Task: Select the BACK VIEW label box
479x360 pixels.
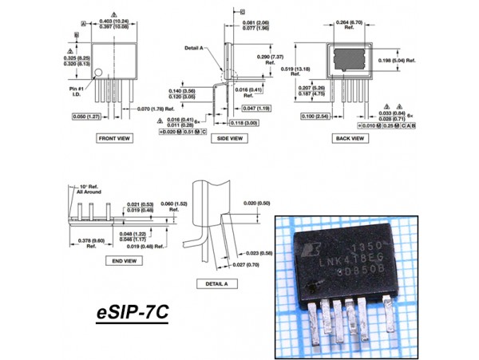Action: (x=350, y=137)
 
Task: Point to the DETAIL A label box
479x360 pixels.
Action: (x=216, y=283)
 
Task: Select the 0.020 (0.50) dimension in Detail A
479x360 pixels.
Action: (x=255, y=203)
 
